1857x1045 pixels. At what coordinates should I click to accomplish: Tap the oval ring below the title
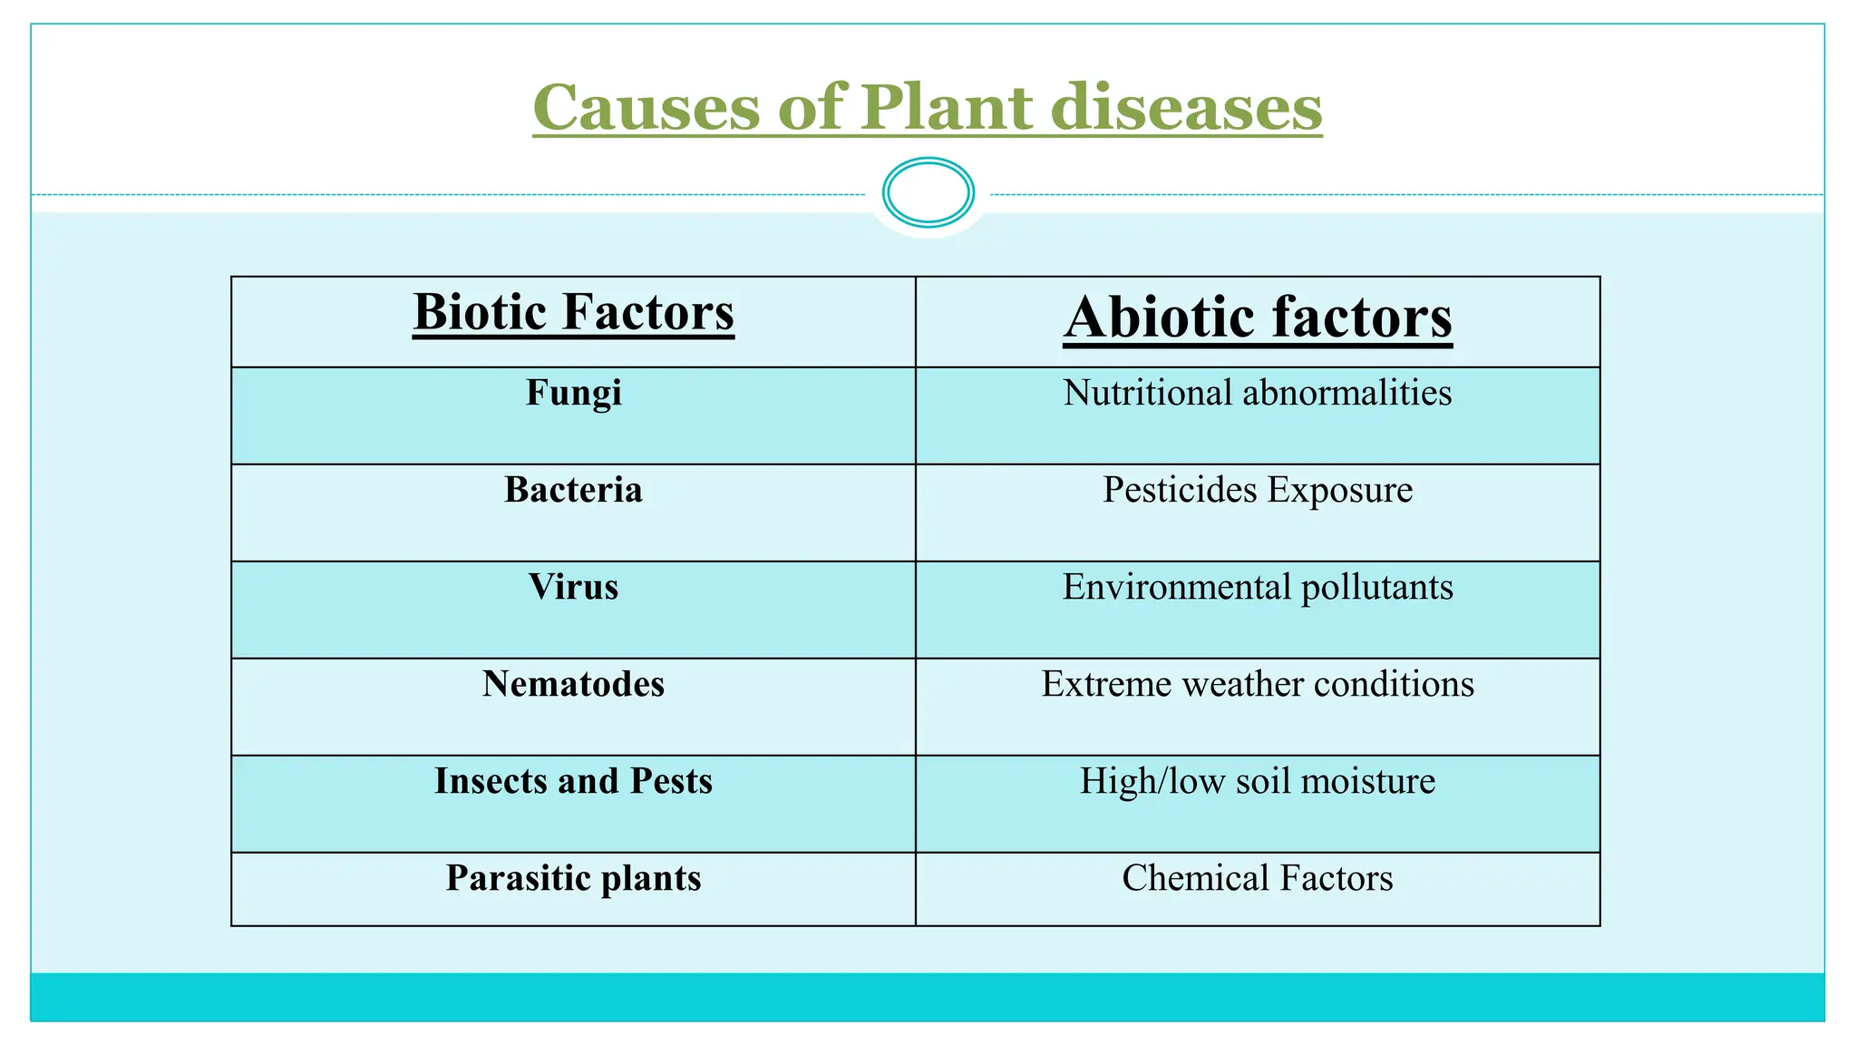pyautogui.click(x=928, y=192)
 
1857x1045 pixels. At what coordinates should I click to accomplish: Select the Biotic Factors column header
pyautogui.click(x=573, y=313)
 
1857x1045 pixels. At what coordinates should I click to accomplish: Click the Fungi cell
pyautogui.click(x=573, y=394)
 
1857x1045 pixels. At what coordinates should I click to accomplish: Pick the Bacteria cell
pyautogui.click(x=573, y=490)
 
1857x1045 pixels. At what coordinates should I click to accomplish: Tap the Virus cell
pyautogui.click(x=573, y=587)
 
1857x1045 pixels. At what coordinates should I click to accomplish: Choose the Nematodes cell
pyautogui.click(x=573, y=684)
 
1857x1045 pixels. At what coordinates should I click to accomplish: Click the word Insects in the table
pyautogui.click(x=490, y=781)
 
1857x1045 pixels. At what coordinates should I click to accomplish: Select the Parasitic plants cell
pyautogui.click(x=573, y=878)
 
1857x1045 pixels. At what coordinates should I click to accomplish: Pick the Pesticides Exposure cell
pyautogui.click(x=1258, y=490)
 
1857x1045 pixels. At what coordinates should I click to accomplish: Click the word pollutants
pyautogui.click(x=1376, y=588)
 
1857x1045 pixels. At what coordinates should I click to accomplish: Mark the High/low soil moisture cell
pyautogui.click(x=1258, y=781)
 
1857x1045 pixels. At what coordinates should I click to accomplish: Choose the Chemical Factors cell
pyautogui.click(x=1258, y=878)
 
